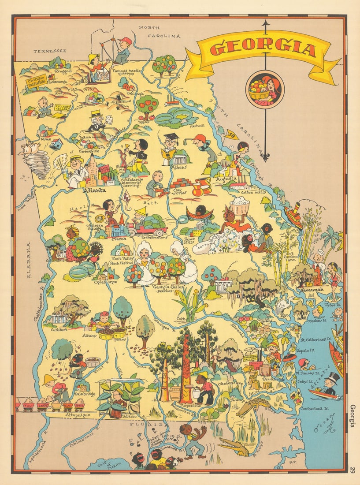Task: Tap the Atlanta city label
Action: tap(94, 190)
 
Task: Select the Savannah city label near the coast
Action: tap(312, 289)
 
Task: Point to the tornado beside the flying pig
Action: tap(38, 164)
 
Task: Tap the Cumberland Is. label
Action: tap(314, 408)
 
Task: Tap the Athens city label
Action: tap(179, 167)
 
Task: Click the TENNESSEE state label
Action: tap(50, 51)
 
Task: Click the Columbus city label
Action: tap(55, 260)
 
